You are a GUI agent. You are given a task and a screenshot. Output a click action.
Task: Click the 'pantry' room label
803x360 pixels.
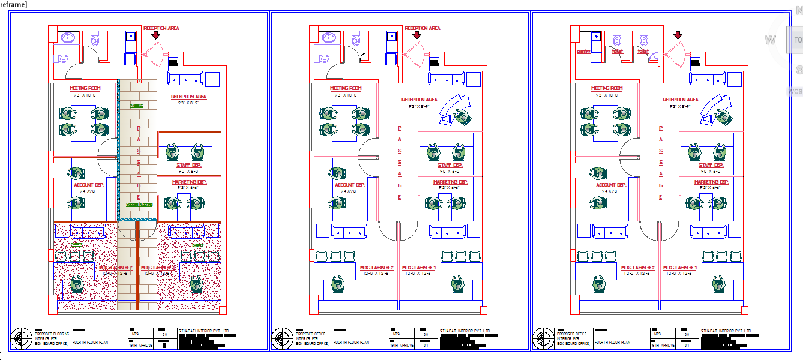click(584, 52)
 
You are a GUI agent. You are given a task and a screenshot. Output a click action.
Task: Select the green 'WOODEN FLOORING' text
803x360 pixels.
click(139, 205)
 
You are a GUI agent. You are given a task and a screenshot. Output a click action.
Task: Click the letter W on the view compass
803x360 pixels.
click(769, 40)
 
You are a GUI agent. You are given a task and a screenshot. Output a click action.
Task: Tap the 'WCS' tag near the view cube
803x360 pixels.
click(795, 91)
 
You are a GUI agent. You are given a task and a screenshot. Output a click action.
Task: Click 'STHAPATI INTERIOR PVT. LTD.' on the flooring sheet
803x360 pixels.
click(204, 331)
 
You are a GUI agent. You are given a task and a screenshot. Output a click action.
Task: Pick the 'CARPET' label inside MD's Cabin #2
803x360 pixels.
click(76, 245)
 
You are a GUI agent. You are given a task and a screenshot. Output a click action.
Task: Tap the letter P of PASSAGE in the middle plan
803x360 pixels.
click(400, 128)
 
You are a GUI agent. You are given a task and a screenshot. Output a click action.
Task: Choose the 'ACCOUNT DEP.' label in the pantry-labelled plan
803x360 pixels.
click(611, 185)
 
